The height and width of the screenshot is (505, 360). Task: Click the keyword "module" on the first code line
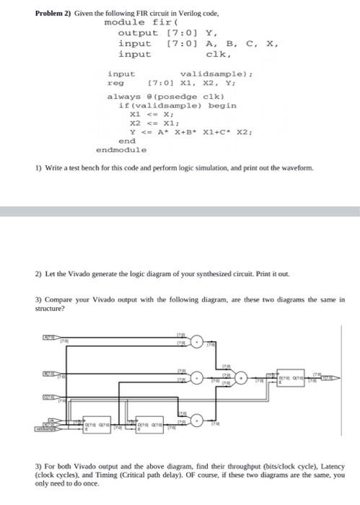tap(122, 23)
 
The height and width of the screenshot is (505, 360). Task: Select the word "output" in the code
tap(137, 33)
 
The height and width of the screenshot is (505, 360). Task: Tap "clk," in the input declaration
tap(219, 53)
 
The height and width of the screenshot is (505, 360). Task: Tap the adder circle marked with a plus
tap(245, 377)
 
